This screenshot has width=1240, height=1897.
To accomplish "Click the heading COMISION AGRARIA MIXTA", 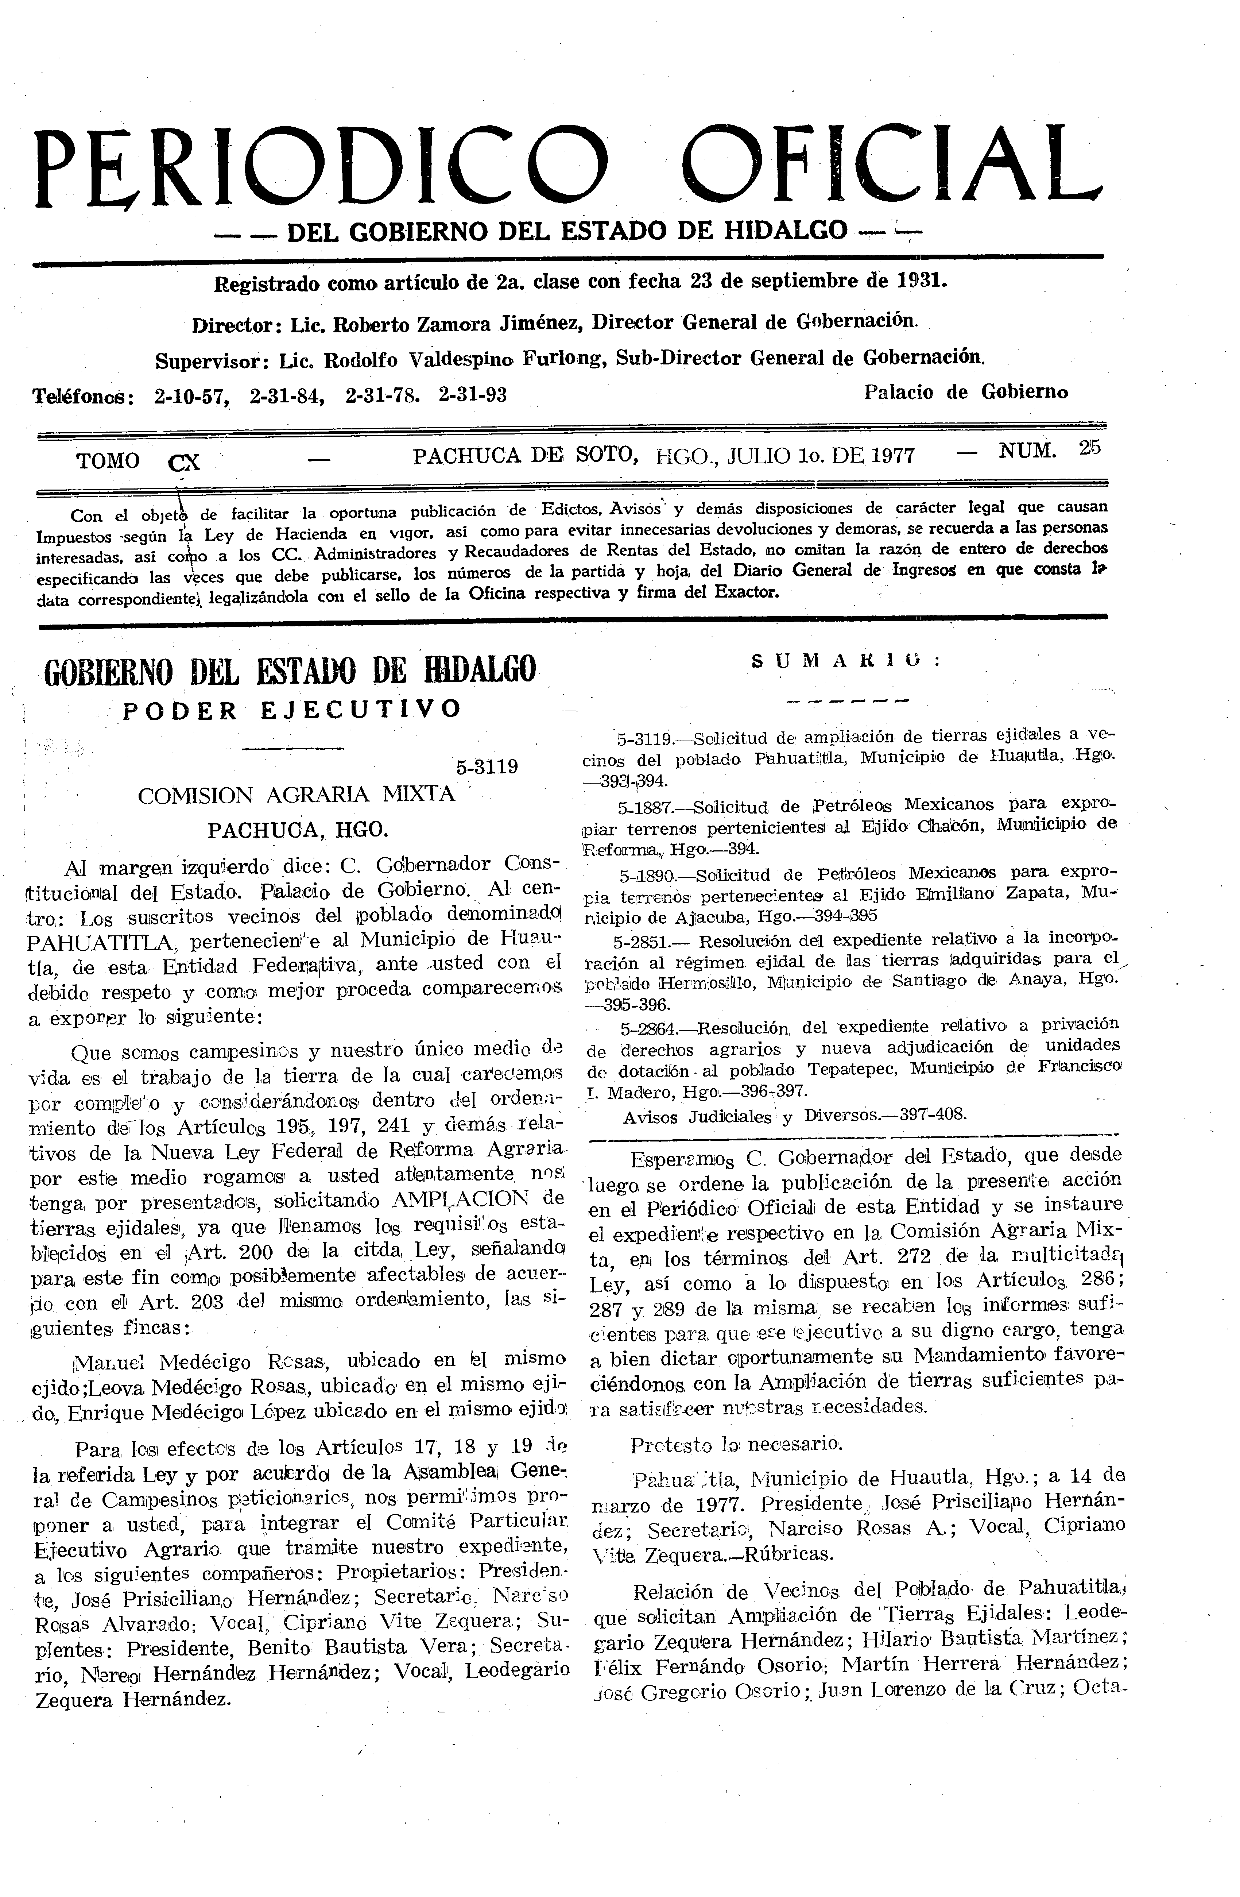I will tap(297, 795).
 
